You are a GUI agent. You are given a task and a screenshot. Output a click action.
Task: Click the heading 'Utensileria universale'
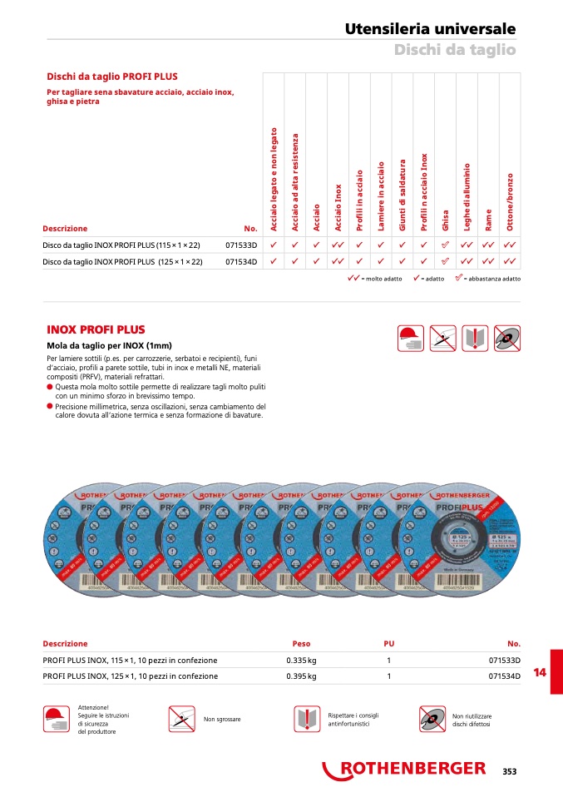click(x=430, y=29)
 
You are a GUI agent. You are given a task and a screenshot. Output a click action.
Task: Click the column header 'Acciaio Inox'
click(x=338, y=207)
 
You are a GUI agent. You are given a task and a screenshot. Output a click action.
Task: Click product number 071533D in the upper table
click(x=242, y=245)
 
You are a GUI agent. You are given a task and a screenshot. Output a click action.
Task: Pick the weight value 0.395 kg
click(x=301, y=676)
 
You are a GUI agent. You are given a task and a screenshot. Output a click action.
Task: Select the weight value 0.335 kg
click(x=301, y=661)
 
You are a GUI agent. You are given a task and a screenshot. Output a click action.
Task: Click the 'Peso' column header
click(x=301, y=644)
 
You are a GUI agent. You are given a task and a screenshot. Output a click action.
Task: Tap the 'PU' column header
click(x=388, y=644)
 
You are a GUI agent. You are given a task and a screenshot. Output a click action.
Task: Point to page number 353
click(x=509, y=771)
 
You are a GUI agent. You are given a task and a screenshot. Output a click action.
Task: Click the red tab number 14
click(x=539, y=671)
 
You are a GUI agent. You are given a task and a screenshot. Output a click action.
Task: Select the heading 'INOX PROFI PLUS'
click(x=96, y=330)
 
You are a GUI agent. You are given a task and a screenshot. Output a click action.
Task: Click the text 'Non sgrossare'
click(x=222, y=719)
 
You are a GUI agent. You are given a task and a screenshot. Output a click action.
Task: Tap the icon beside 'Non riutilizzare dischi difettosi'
click(x=432, y=719)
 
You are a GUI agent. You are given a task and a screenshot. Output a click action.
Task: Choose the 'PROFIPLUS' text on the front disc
click(x=472, y=505)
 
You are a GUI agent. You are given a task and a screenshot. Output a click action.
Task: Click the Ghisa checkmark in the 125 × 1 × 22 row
click(x=445, y=262)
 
